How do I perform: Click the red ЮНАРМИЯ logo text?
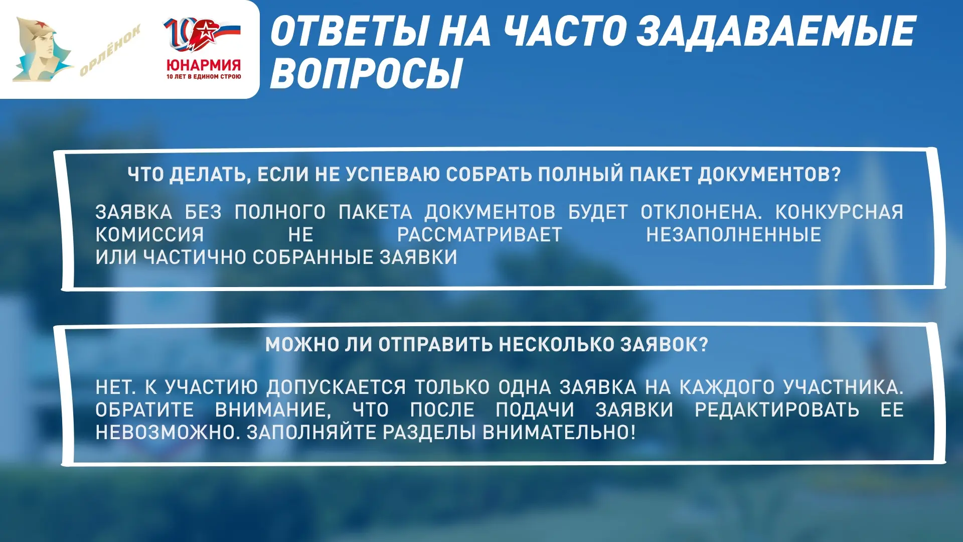pyautogui.click(x=204, y=65)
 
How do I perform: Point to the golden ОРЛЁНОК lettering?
pyautogui.click(x=110, y=50)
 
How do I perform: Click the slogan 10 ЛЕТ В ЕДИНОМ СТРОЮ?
pyautogui.click(x=204, y=77)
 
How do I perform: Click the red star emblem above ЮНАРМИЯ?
pyautogui.click(x=206, y=32)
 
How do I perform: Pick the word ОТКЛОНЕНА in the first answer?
pyautogui.click(x=701, y=212)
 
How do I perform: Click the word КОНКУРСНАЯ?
pyautogui.click(x=839, y=212)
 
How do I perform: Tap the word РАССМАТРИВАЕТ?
pyautogui.click(x=479, y=235)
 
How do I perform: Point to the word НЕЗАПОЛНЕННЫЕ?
pyautogui.click(x=733, y=235)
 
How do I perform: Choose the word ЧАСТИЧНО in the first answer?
pyautogui.click(x=195, y=257)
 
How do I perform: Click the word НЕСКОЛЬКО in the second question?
pyautogui.click(x=557, y=345)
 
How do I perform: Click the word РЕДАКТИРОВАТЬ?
pyautogui.click(x=777, y=410)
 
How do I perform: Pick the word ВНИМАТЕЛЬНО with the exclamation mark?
pyautogui.click(x=559, y=433)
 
